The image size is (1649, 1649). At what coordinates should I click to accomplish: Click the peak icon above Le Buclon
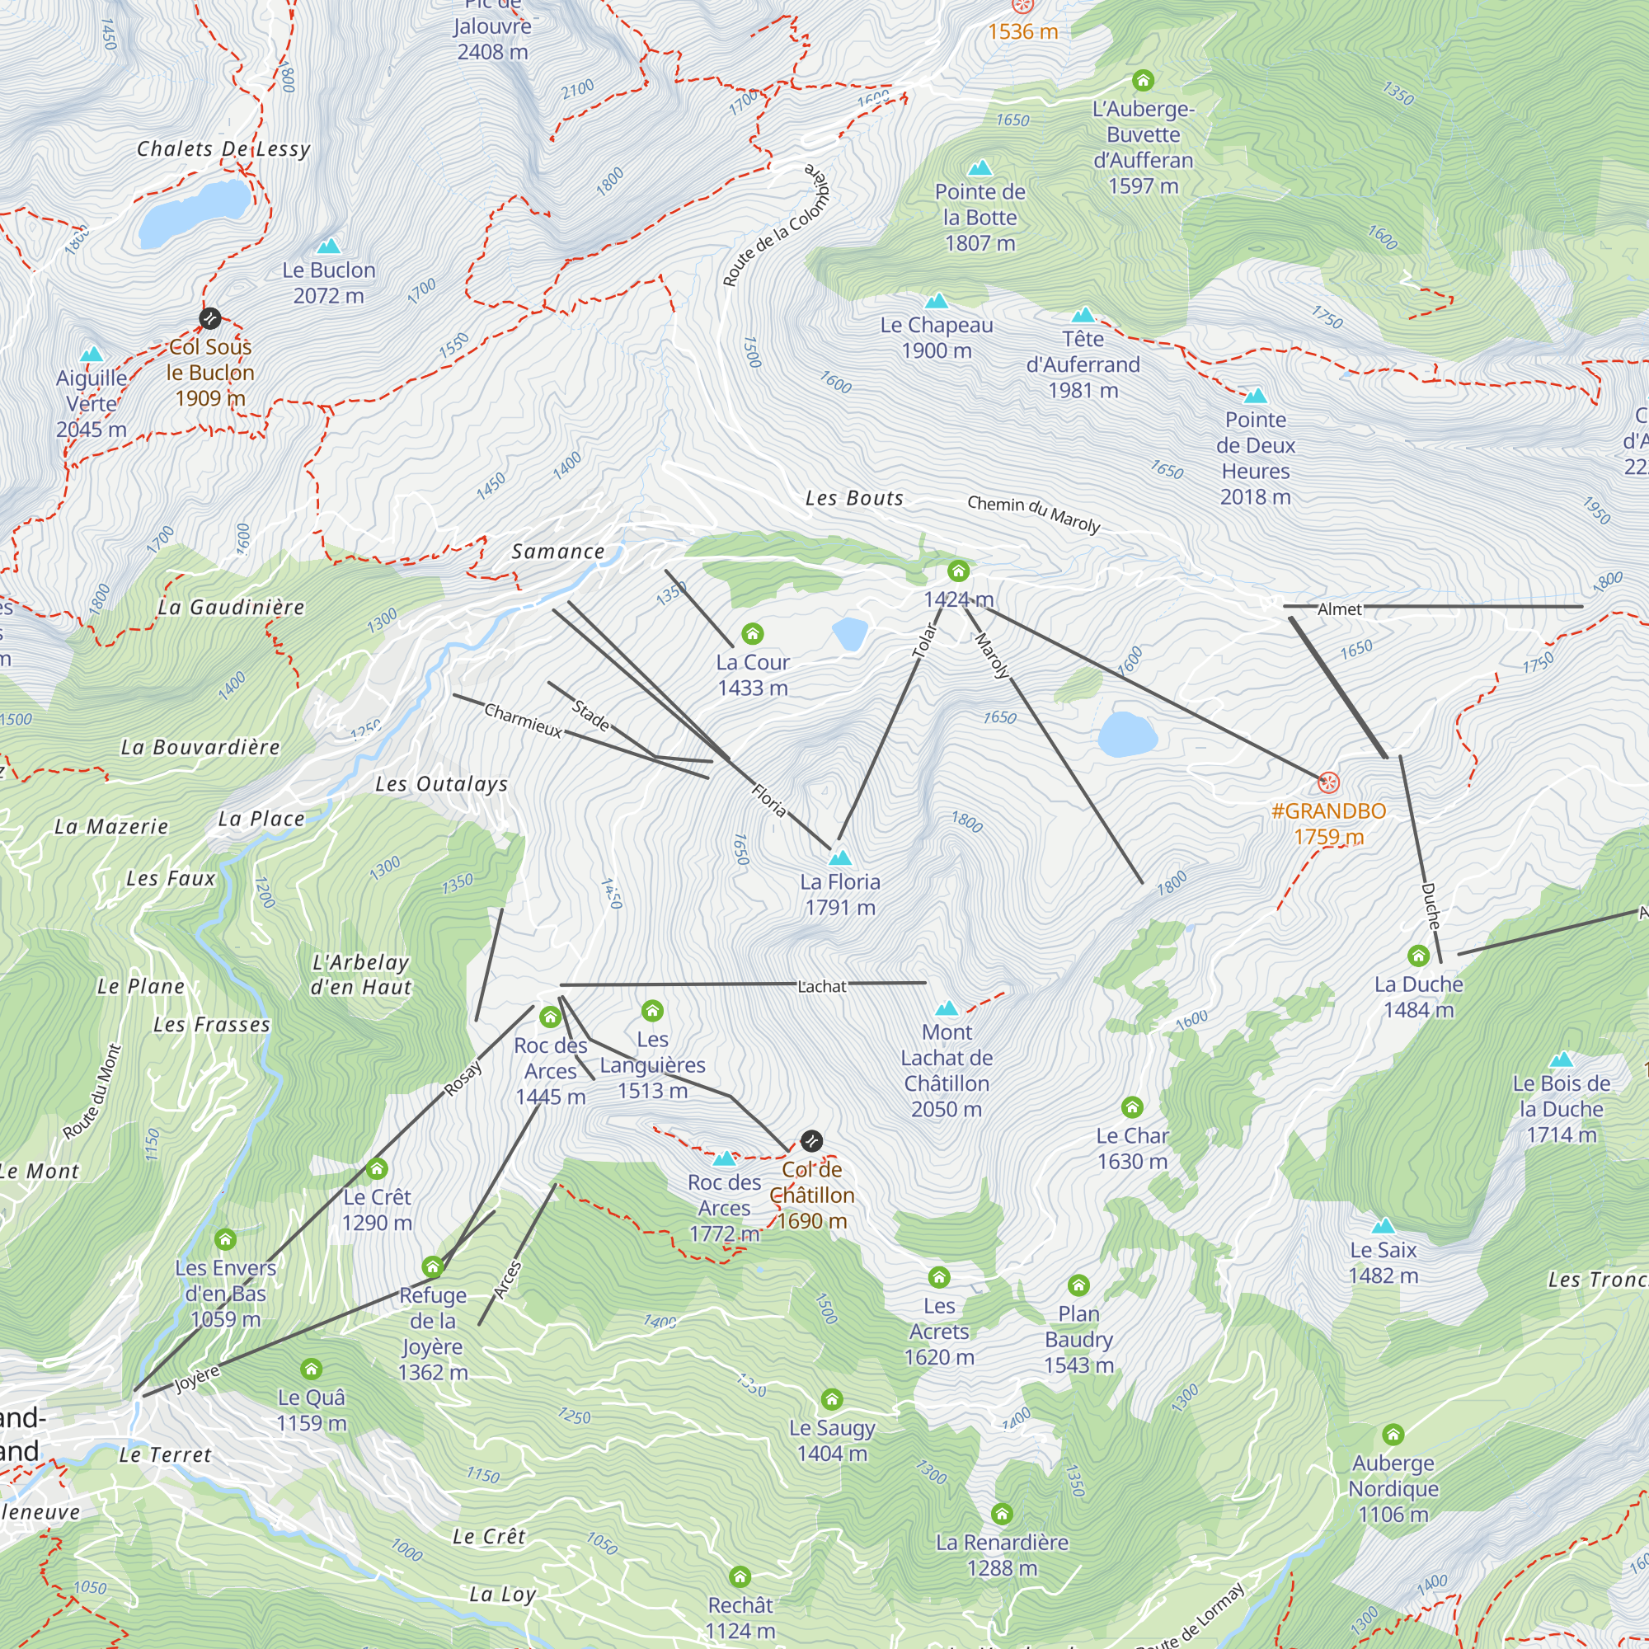(x=329, y=247)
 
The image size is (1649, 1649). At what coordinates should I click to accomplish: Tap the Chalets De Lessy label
(x=223, y=149)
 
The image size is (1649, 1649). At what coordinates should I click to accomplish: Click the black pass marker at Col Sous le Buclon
(x=210, y=318)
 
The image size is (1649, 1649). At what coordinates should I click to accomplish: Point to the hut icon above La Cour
(x=752, y=633)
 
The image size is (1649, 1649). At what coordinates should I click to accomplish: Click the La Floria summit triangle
(x=840, y=857)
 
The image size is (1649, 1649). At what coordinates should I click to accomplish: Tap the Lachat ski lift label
(x=821, y=987)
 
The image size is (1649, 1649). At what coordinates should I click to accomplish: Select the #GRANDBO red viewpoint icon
(x=1328, y=782)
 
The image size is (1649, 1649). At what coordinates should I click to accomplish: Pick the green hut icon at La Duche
(x=1418, y=956)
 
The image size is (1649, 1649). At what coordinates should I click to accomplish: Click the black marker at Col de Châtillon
(x=810, y=1141)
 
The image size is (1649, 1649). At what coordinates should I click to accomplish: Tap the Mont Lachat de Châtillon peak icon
(x=947, y=1008)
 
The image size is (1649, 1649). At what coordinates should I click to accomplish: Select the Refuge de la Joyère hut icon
(x=433, y=1266)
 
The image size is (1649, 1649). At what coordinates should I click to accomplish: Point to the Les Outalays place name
(x=441, y=784)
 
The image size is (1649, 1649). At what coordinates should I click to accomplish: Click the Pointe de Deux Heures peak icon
(x=1255, y=396)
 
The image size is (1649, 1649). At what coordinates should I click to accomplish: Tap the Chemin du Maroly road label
(x=1033, y=512)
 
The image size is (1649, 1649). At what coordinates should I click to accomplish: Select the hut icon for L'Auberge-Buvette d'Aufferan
(x=1143, y=81)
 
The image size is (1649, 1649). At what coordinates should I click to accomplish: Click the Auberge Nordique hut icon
(x=1393, y=1434)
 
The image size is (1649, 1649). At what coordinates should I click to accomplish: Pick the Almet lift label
(x=1339, y=609)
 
